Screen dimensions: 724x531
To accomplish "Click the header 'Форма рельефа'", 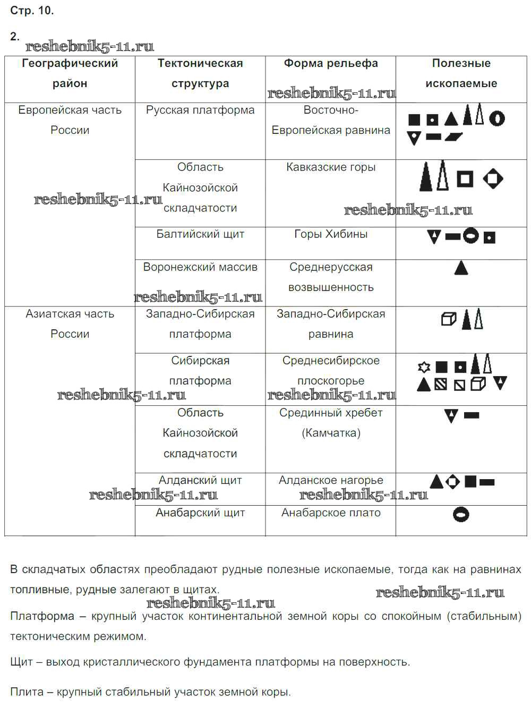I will (330, 64).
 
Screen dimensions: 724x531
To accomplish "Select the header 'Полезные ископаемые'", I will (461, 73).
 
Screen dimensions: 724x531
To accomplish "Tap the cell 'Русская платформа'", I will (200, 110).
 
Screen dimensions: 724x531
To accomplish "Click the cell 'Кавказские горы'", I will (330, 167).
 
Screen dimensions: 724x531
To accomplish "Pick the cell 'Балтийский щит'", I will (200, 234).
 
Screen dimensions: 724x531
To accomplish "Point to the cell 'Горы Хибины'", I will (330, 234).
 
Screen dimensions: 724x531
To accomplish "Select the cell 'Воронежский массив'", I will (200, 267).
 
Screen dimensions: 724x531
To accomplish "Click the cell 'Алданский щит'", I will (200, 480).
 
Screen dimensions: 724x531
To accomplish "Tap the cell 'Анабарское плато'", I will (330, 513).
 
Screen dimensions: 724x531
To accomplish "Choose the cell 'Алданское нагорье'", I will (330, 480).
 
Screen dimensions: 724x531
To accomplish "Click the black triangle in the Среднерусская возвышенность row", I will (461, 268).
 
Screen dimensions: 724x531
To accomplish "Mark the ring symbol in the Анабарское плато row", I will (461, 514).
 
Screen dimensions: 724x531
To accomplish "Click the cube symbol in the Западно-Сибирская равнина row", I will (449, 319).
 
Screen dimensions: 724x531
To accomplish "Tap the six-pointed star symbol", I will (423, 367).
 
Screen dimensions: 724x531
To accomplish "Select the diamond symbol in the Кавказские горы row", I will (493, 178).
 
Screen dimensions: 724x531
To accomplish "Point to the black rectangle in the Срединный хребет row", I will (472, 415).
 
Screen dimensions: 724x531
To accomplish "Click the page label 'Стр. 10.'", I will (32, 11).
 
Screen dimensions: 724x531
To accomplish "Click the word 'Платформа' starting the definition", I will (42, 616).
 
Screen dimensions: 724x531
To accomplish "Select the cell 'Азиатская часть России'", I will (70, 324).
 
